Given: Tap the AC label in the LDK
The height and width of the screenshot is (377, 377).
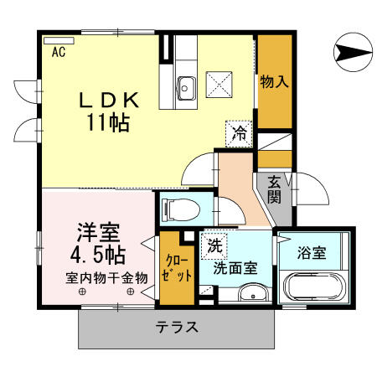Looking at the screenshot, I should [59, 53].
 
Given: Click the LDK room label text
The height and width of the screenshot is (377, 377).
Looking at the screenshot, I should [107, 100].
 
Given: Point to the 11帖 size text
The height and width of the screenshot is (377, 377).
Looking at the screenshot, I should [107, 123].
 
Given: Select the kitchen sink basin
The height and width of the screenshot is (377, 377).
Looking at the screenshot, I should [185, 84].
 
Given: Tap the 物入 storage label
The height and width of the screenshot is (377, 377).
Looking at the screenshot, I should [274, 81].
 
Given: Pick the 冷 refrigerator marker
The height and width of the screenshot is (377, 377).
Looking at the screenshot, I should [240, 132].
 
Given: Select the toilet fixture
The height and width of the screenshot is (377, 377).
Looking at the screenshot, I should [178, 207].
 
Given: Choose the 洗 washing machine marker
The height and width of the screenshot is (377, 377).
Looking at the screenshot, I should [214, 247].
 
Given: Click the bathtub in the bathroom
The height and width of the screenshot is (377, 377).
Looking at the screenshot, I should [315, 287].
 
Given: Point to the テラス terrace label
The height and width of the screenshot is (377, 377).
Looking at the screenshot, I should [177, 327].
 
